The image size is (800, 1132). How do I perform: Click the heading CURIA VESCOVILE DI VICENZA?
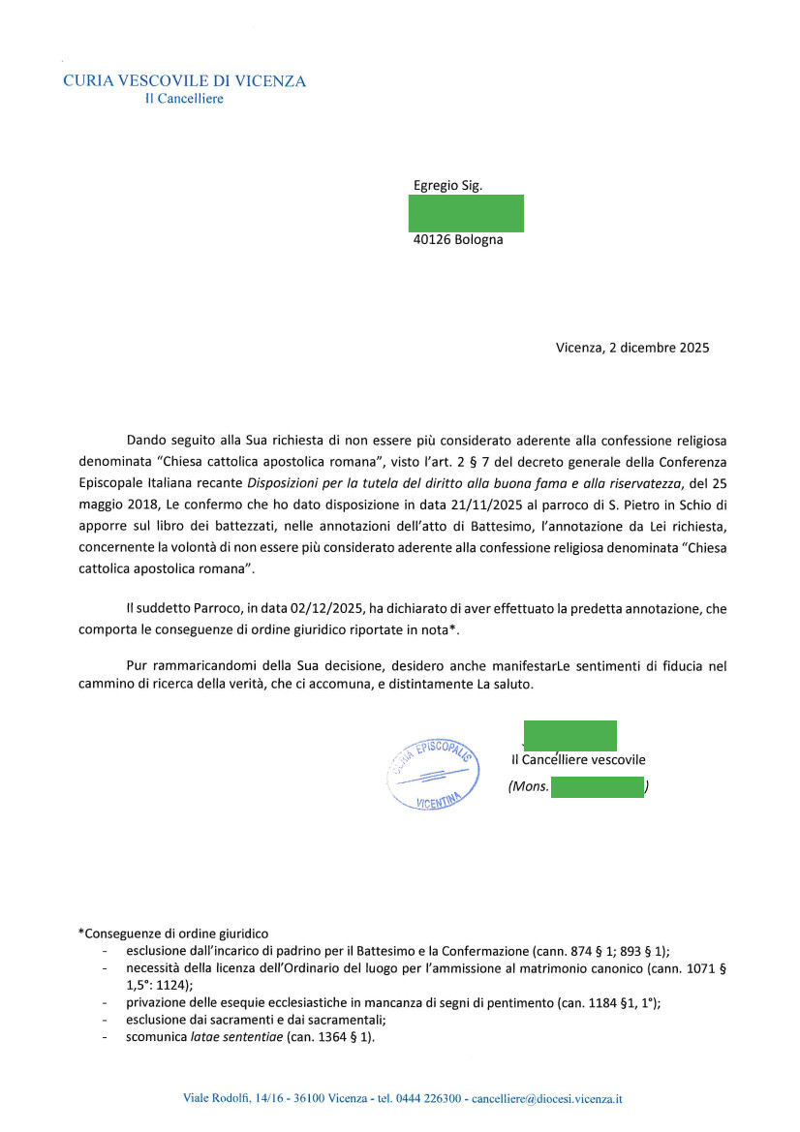pyautogui.click(x=184, y=81)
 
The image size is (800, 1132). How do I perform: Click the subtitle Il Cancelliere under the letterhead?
pyautogui.click(x=183, y=99)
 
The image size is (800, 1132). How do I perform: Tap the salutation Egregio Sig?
pyautogui.click(x=447, y=185)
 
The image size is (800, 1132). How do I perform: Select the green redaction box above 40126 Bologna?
pyautogui.click(x=466, y=213)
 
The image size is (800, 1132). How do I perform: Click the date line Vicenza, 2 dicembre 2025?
pyautogui.click(x=632, y=348)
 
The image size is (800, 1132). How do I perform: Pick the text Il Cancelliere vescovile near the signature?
pyautogui.click(x=578, y=760)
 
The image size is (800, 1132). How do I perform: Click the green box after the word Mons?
pyautogui.click(x=597, y=787)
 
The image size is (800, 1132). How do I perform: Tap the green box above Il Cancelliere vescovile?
pyautogui.click(x=569, y=736)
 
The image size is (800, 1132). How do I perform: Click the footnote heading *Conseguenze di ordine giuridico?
pyautogui.click(x=172, y=933)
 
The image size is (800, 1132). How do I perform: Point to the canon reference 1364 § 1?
pyautogui.click(x=348, y=1037)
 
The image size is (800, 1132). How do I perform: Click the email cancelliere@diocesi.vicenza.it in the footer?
pyautogui.click(x=544, y=1099)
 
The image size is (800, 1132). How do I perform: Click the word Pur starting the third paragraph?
pyautogui.click(x=138, y=666)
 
